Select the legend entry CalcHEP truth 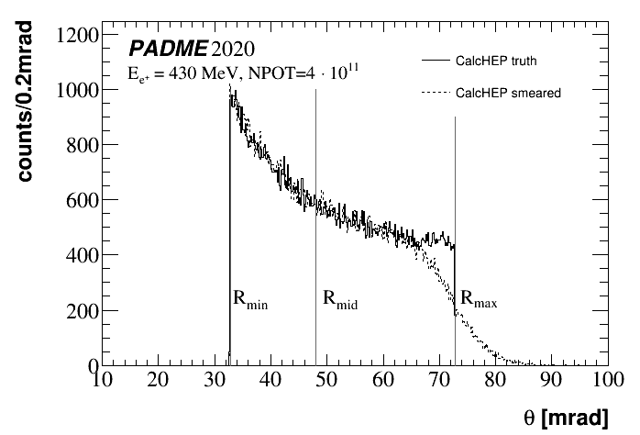pos(496,61)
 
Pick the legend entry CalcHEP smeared pos(503,93)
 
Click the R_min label pos(249,299)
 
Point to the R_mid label pos(338,299)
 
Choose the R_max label pos(478,299)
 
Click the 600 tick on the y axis pos(81,201)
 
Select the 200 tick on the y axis pos(81,311)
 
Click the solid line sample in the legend pos(434,61)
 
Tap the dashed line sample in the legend pos(434,93)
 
